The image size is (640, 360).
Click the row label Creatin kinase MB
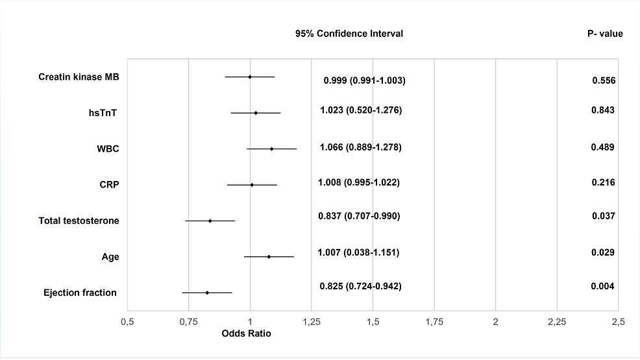[79, 77]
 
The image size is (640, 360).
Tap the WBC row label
[108, 149]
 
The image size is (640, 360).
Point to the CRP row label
[108, 185]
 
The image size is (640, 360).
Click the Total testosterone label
[79, 221]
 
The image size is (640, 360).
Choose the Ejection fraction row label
[80, 293]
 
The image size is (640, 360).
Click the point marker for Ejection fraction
[207, 293]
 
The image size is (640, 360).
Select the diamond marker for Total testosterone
[210, 221]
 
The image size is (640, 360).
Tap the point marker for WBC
[271, 149]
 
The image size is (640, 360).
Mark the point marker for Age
[269, 257]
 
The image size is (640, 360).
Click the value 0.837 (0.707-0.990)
[359, 216]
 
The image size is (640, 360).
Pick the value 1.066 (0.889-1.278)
[361, 147]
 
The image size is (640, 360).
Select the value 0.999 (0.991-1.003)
[364, 80]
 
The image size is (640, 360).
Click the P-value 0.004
[602, 286]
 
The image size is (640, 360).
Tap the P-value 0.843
[603, 110]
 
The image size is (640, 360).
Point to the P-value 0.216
[603, 182]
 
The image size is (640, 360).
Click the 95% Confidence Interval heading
[349, 34]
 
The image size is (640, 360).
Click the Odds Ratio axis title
[246, 333]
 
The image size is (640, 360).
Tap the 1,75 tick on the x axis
[434, 321]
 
